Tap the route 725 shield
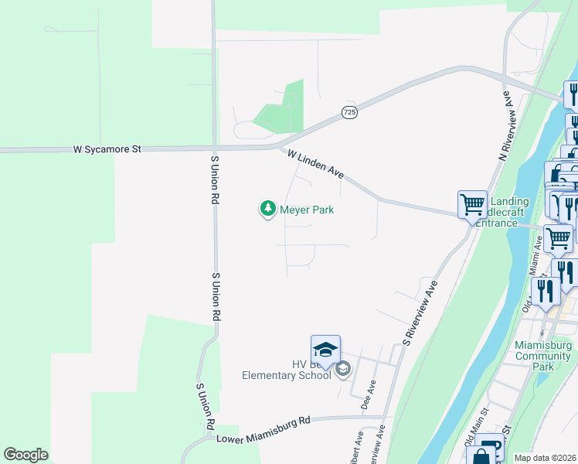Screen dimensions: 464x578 tap(349, 113)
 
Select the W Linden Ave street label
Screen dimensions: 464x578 tap(315, 165)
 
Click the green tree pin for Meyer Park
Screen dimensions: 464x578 tap(267, 209)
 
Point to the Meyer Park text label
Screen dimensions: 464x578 tap(307, 210)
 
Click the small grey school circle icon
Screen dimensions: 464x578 tap(344, 371)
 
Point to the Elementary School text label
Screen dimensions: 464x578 tap(287, 375)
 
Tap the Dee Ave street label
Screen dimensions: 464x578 tap(369, 394)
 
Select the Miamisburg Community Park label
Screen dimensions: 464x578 tap(542, 355)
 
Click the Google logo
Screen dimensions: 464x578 tap(25, 455)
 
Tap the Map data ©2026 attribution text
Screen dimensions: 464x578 tap(545, 458)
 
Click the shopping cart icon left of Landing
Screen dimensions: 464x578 tap(472, 205)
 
